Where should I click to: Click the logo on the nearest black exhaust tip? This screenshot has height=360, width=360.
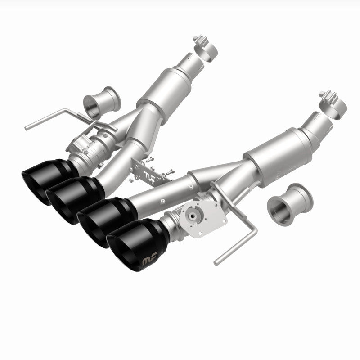(148, 260)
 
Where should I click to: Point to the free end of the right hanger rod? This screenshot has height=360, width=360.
(217, 260)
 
